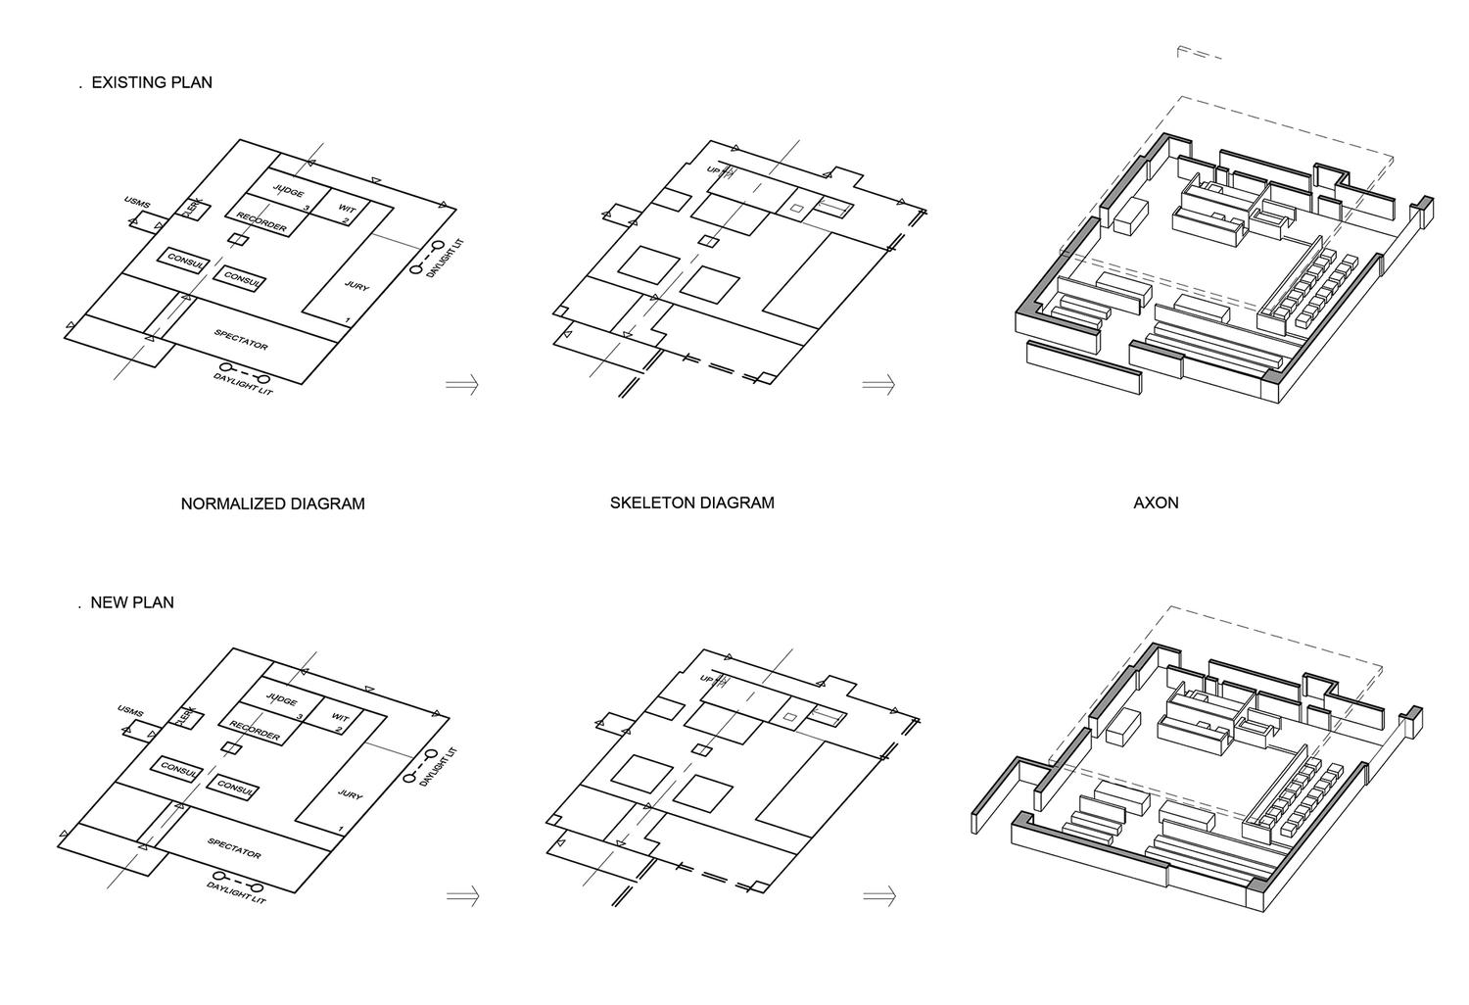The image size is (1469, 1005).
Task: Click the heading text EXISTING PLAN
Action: [x=152, y=82]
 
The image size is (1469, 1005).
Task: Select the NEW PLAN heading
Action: [x=132, y=602]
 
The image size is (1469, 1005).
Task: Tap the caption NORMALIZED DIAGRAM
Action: [x=272, y=503]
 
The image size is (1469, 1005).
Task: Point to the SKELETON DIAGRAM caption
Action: [x=691, y=502]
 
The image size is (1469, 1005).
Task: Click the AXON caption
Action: [x=1156, y=502]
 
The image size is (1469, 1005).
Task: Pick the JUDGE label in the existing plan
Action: [x=288, y=192]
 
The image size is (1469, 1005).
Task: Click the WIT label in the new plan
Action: [x=340, y=718]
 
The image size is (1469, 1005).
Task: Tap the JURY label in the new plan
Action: [x=350, y=794]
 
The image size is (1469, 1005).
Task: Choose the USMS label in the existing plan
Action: [x=137, y=203]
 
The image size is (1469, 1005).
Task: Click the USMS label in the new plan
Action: [x=130, y=710]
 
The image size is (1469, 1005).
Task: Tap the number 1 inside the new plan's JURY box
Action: [x=341, y=829]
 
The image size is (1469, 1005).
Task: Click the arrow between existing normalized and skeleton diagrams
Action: [x=462, y=384]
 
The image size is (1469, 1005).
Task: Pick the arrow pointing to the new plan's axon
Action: [x=879, y=895]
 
